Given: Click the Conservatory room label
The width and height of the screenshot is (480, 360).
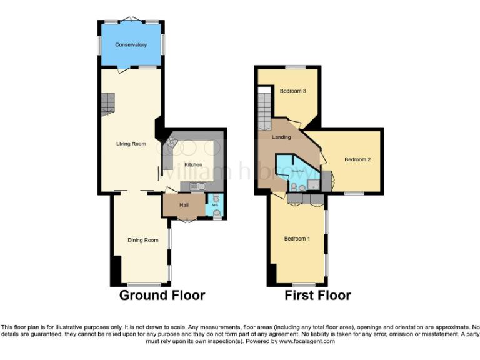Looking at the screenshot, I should (131, 45).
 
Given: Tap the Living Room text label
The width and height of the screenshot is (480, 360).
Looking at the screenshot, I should (131, 144).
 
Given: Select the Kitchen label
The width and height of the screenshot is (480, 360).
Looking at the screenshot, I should (192, 164).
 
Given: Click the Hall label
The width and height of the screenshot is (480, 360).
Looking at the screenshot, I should (184, 205).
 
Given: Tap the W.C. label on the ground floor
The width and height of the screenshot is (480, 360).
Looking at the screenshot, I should (216, 204).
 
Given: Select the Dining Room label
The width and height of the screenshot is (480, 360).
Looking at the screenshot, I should (142, 240).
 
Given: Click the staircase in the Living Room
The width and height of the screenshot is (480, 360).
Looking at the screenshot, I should (109, 104).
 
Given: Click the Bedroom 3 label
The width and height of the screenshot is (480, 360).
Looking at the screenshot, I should (292, 91).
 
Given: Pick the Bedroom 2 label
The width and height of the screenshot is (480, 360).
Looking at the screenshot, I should (357, 160).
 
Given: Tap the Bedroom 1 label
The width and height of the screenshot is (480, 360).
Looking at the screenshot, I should (297, 239).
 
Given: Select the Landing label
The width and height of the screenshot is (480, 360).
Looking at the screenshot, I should (281, 137).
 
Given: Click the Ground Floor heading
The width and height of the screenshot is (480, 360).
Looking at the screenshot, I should (162, 295).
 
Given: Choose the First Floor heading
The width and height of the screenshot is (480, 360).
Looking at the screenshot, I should (317, 295).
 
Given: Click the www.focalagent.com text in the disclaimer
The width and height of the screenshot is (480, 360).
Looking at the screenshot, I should (306, 342).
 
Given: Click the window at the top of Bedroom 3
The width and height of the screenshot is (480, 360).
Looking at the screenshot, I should (296, 67).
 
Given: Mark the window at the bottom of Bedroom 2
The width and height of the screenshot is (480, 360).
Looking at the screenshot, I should (354, 193).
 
